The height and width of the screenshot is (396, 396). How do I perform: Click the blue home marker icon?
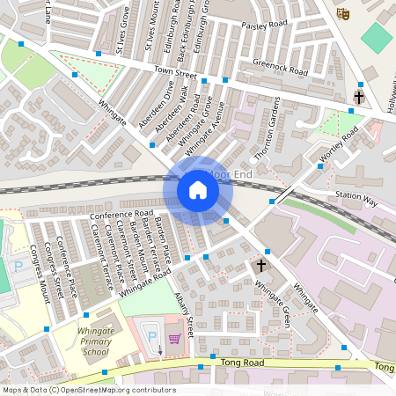click(197, 190)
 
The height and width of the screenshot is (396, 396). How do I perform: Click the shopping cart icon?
click(174, 337)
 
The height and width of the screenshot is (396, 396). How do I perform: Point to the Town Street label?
click(172, 68)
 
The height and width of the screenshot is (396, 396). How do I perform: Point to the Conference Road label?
click(121, 215)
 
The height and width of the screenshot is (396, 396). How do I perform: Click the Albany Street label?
click(184, 312)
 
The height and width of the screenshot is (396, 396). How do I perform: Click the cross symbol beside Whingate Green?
click(260, 265)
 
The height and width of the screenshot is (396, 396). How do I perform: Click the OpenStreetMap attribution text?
click(88, 390)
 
